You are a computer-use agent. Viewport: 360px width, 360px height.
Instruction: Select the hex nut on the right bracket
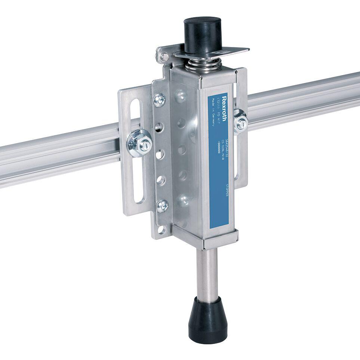[240, 122]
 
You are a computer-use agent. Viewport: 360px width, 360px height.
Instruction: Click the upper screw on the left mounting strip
[160, 99]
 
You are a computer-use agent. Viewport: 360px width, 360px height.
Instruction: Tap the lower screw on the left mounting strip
[162, 205]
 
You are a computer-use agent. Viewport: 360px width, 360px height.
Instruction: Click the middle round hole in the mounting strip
[160, 154]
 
